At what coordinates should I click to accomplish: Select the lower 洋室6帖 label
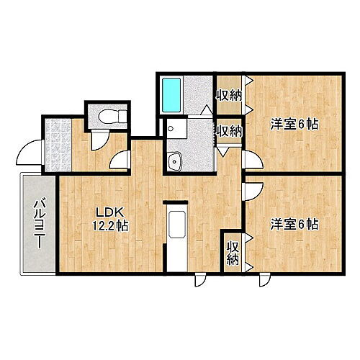pos(294,224)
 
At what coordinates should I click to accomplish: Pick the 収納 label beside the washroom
pos(228,131)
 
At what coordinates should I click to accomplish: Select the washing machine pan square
pos(176,130)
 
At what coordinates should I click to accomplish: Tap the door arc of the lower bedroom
pos(252,191)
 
